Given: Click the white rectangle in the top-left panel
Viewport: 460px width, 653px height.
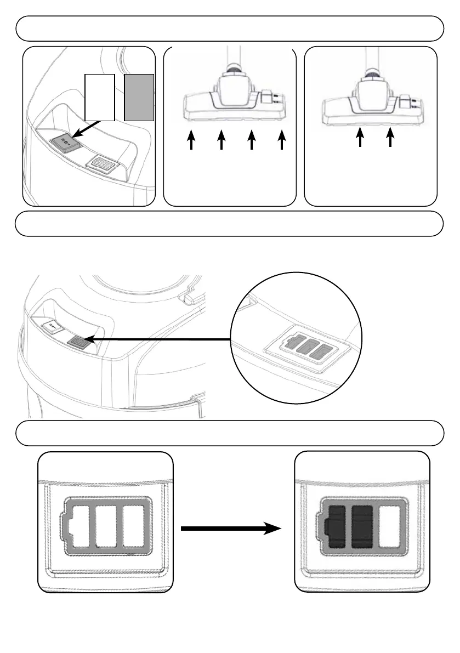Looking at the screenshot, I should (x=100, y=97).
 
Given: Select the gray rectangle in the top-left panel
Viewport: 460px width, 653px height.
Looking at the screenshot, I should (x=139, y=97).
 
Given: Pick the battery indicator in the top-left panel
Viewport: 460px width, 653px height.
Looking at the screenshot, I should (x=102, y=164).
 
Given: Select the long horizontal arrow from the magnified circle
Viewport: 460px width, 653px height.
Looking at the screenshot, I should (x=159, y=340).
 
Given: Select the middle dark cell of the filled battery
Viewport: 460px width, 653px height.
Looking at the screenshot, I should (x=362, y=526).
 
